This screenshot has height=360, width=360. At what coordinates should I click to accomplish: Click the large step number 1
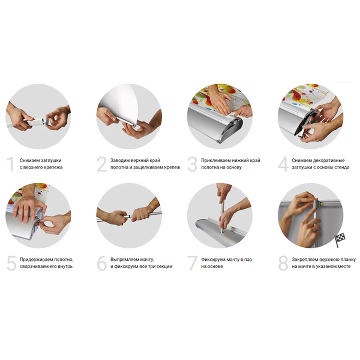(10, 164)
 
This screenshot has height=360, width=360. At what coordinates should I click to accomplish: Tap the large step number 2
(102, 164)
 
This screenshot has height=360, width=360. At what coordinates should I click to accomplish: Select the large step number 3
(193, 164)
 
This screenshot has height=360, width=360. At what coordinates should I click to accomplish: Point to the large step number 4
(283, 164)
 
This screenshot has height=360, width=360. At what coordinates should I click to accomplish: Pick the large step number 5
(12, 263)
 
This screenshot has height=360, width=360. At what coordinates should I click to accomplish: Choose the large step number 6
(102, 263)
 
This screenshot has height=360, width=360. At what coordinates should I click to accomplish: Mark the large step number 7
(193, 263)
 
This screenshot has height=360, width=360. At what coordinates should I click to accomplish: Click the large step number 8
(283, 263)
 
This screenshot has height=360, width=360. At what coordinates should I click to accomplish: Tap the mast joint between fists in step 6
(129, 216)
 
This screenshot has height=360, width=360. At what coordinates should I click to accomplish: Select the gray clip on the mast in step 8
(317, 204)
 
